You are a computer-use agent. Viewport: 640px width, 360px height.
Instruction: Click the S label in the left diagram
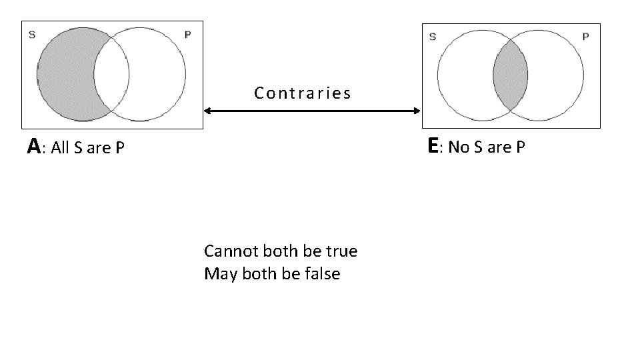[32, 35]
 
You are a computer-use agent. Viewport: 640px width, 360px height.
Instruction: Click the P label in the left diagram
[187, 35]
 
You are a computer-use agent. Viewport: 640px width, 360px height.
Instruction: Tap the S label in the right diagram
[433, 37]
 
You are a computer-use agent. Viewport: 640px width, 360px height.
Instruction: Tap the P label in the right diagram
[585, 37]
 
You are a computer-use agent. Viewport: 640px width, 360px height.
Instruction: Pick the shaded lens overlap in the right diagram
[511, 74]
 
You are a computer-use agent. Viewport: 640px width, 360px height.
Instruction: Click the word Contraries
[302, 93]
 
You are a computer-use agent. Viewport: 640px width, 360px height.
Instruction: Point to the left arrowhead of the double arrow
[207, 111]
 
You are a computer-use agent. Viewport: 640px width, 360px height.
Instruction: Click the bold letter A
[33, 147]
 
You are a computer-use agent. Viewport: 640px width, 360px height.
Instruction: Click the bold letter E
[433, 146]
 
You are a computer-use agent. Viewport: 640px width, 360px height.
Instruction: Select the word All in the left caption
[61, 148]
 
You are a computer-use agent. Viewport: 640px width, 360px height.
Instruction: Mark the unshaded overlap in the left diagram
[112, 73]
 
